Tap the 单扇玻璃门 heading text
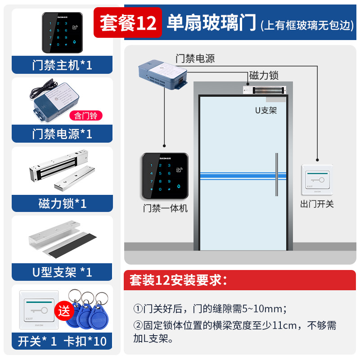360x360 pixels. pos(211,22)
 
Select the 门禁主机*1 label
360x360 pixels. pos(62,65)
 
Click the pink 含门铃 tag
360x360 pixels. pos(86,116)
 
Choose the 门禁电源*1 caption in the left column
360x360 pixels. pos(62,134)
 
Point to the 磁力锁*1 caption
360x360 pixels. pos(62,203)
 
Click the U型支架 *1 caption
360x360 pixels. pos(62,272)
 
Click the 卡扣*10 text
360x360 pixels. pos(88,341)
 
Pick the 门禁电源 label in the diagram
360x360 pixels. pos(195,58)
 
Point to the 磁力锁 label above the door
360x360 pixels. pos(264,75)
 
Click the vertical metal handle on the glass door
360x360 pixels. pos(276,175)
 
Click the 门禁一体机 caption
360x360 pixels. pos(165,208)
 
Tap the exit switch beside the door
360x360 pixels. pos(317,180)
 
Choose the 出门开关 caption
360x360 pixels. pos(317,204)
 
